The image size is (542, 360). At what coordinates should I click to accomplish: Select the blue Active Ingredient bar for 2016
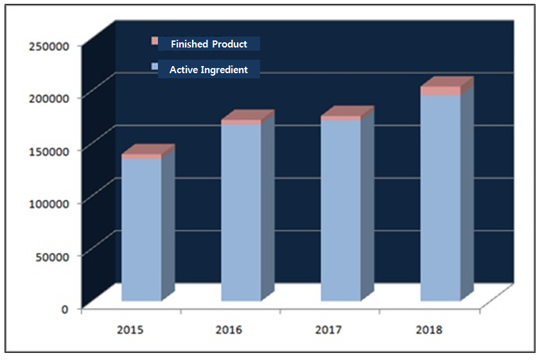click(241, 212)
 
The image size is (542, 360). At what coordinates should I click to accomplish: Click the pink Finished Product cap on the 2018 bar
click(440, 91)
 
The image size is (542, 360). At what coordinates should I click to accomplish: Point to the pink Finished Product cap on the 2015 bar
click(141, 156)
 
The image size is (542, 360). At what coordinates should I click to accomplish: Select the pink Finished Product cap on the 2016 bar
click(241, 122)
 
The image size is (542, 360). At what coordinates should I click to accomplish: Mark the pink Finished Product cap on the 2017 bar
click(340, 118)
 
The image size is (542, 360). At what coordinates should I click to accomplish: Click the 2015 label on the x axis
click(130, 330)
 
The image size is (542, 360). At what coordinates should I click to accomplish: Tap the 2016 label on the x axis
click(229, 330)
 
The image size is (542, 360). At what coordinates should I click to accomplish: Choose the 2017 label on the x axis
click(329, 330)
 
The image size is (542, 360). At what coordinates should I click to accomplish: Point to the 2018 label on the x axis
click(428, 330)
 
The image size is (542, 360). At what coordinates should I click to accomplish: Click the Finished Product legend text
click(209, 44)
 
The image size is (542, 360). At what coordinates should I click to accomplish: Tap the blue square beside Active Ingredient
click(154, 67)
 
